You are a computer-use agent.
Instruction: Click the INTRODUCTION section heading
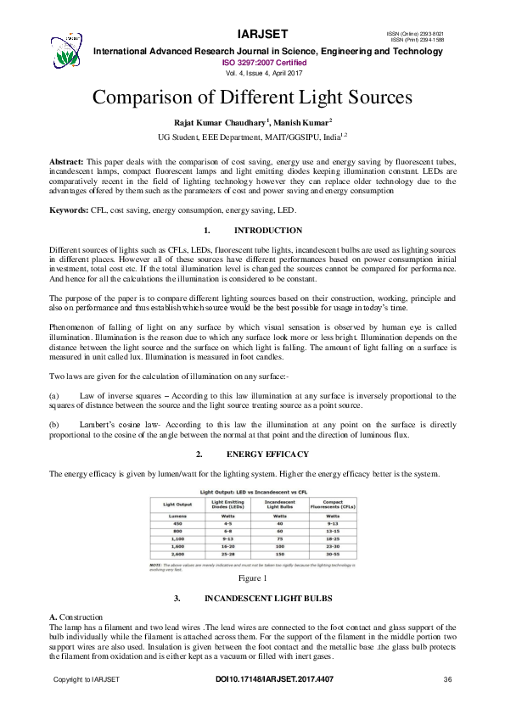(268, 231)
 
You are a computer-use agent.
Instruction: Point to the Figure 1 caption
(252, 578)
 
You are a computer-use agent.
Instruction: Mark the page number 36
(447, 680)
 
